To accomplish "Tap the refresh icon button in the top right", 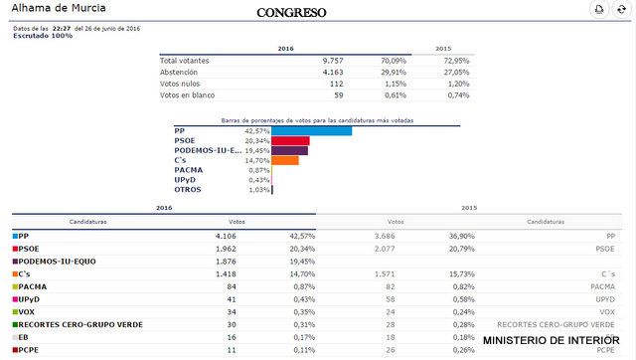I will tap(621, 10).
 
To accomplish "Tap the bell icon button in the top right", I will tap(599, 10).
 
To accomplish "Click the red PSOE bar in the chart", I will tap(290, 141).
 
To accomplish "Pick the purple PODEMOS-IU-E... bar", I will tap(289, 151).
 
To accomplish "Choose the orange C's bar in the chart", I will tap(285, 160).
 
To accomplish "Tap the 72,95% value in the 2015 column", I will tap(455, 61).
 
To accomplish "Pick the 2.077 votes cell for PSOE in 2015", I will tap(396, 248).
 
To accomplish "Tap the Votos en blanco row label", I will tap(188, 96).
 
